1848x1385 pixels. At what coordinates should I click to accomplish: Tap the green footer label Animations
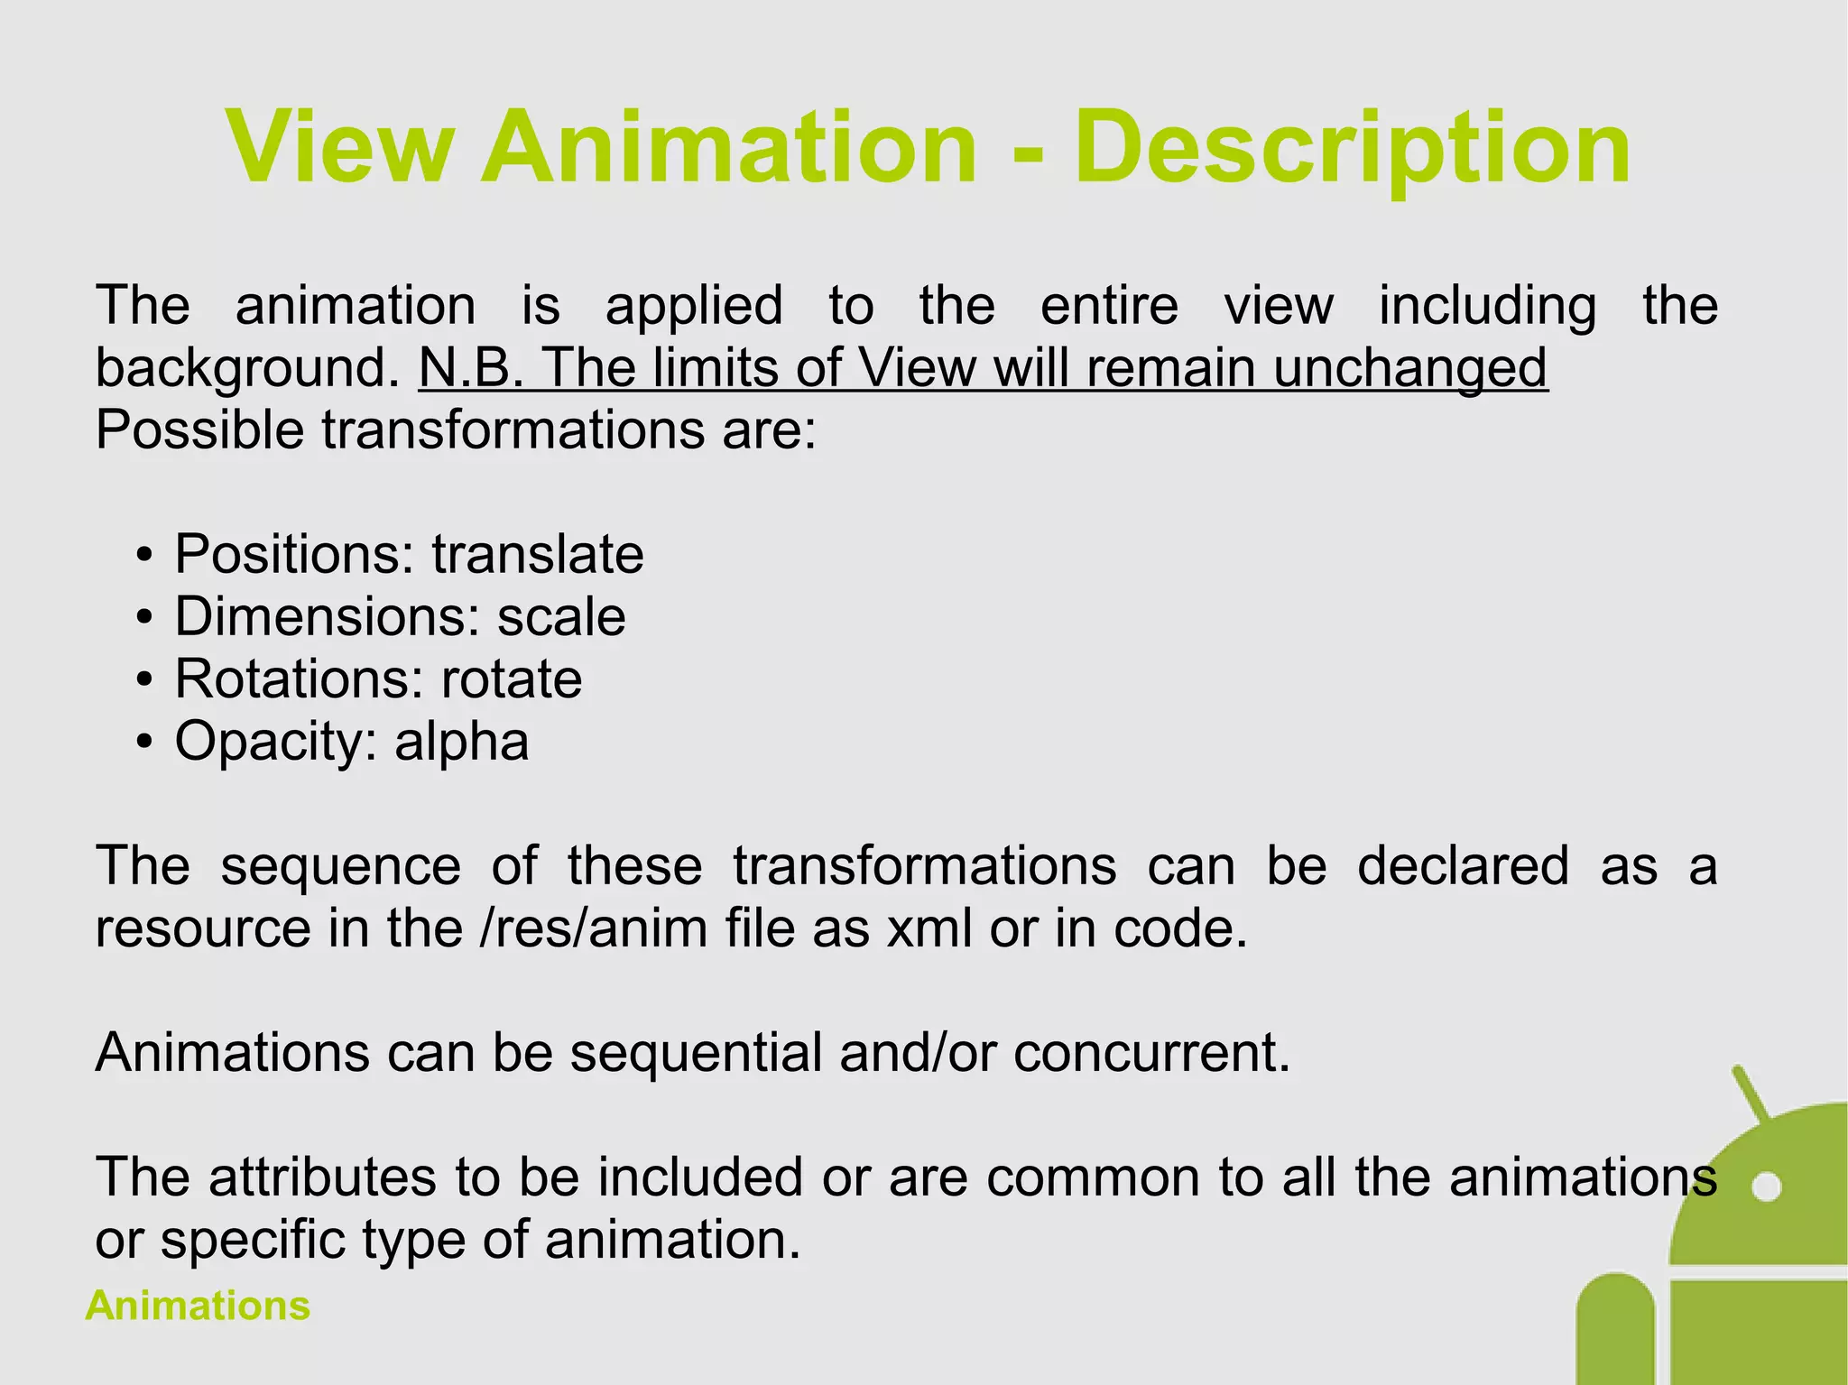coord(198,1306)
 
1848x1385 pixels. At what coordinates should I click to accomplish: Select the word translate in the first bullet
coord(538,554)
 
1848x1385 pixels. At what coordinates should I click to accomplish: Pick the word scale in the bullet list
coord(561,617)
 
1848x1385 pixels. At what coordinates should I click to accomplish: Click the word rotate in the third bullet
coord(512,679)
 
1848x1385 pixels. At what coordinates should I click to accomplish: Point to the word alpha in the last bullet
coord(461,742)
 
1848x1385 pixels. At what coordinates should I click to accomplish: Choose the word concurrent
coord(1151,1053)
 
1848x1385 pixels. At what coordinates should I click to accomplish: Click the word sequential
coord(695,1053)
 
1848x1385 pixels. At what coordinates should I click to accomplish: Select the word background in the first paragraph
coord(246,368)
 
